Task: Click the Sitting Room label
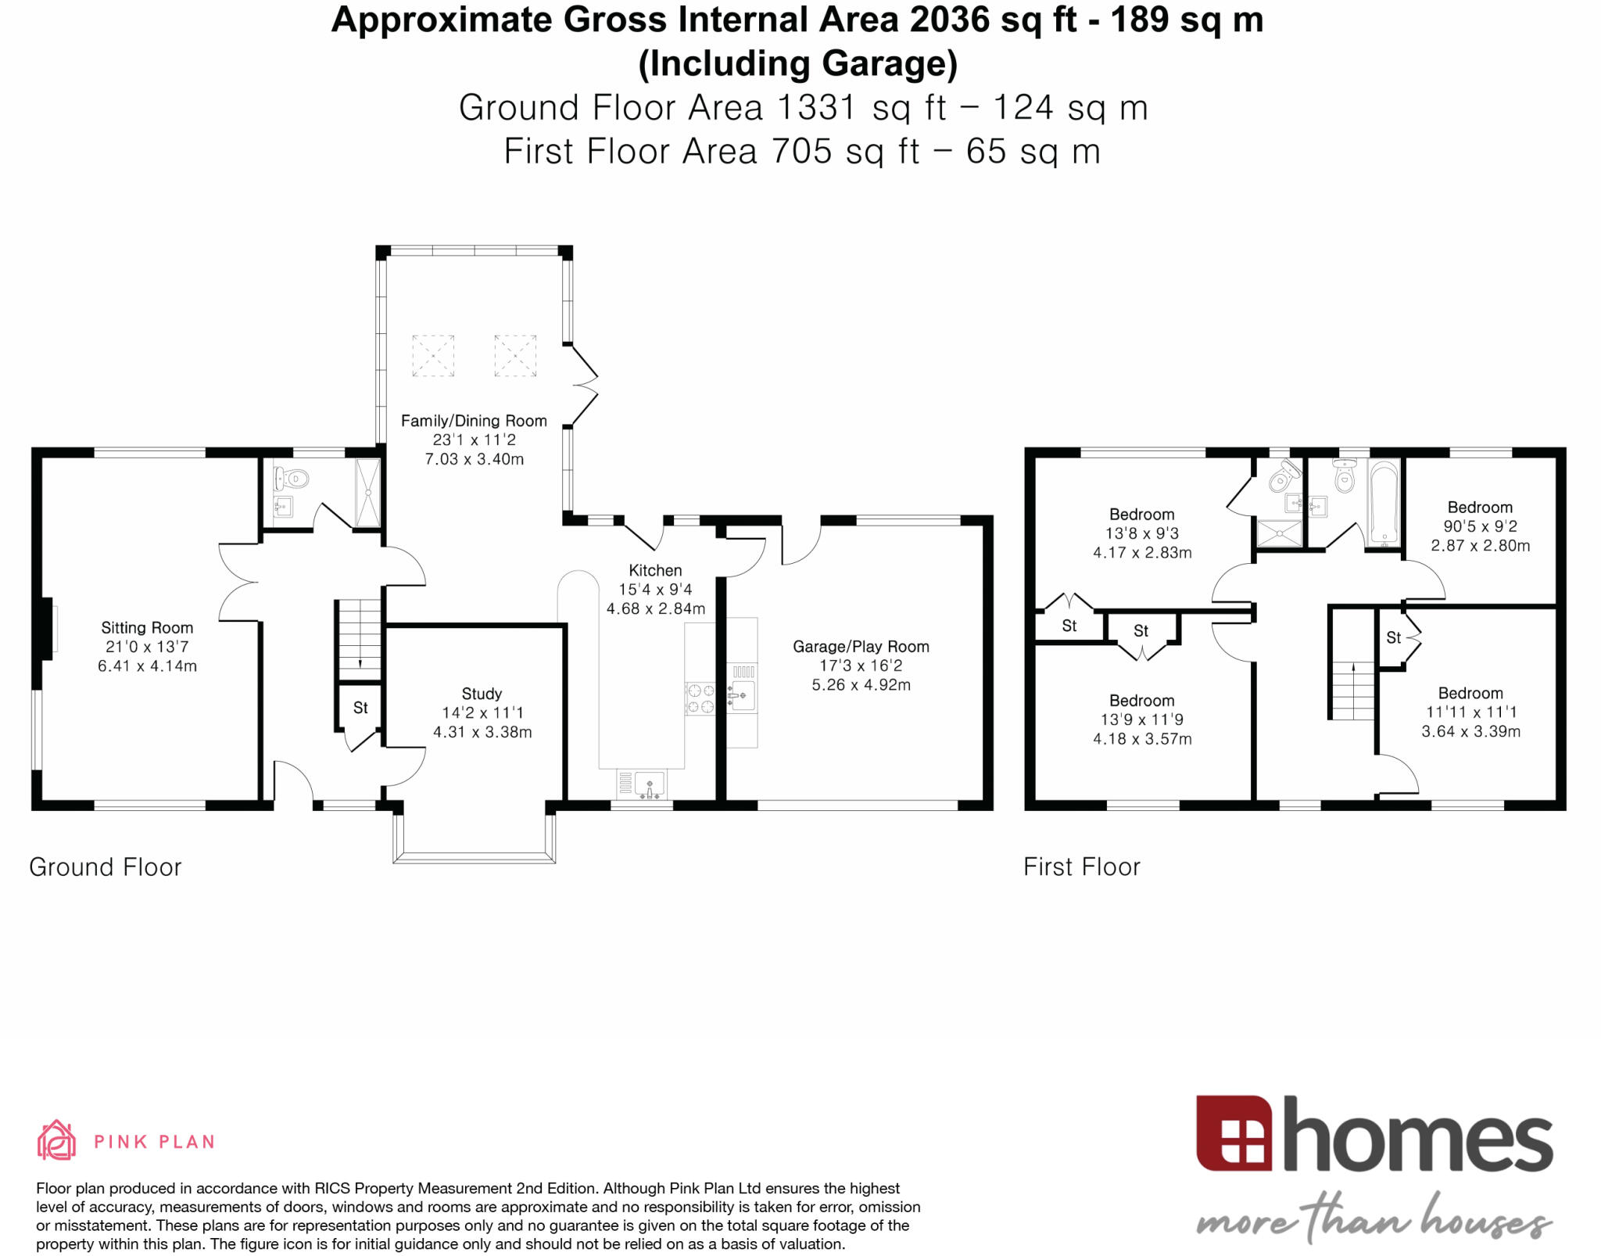pos(147,627)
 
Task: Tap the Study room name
pos(482,694)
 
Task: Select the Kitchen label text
pos(655,570)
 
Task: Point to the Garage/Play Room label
pos(861,647)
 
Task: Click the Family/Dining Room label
pos(474,421)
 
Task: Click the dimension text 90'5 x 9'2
pos(1480,526)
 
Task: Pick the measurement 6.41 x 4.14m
pos(147,666)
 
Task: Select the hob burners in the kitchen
pos(700,698)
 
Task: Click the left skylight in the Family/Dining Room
pos(433,356)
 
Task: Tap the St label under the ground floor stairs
pos(360,708)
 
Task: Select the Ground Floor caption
pos(106,867)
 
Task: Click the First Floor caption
pos(1082,867)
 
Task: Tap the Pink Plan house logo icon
pos(56,1140)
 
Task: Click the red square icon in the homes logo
pos(1233,1132)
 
